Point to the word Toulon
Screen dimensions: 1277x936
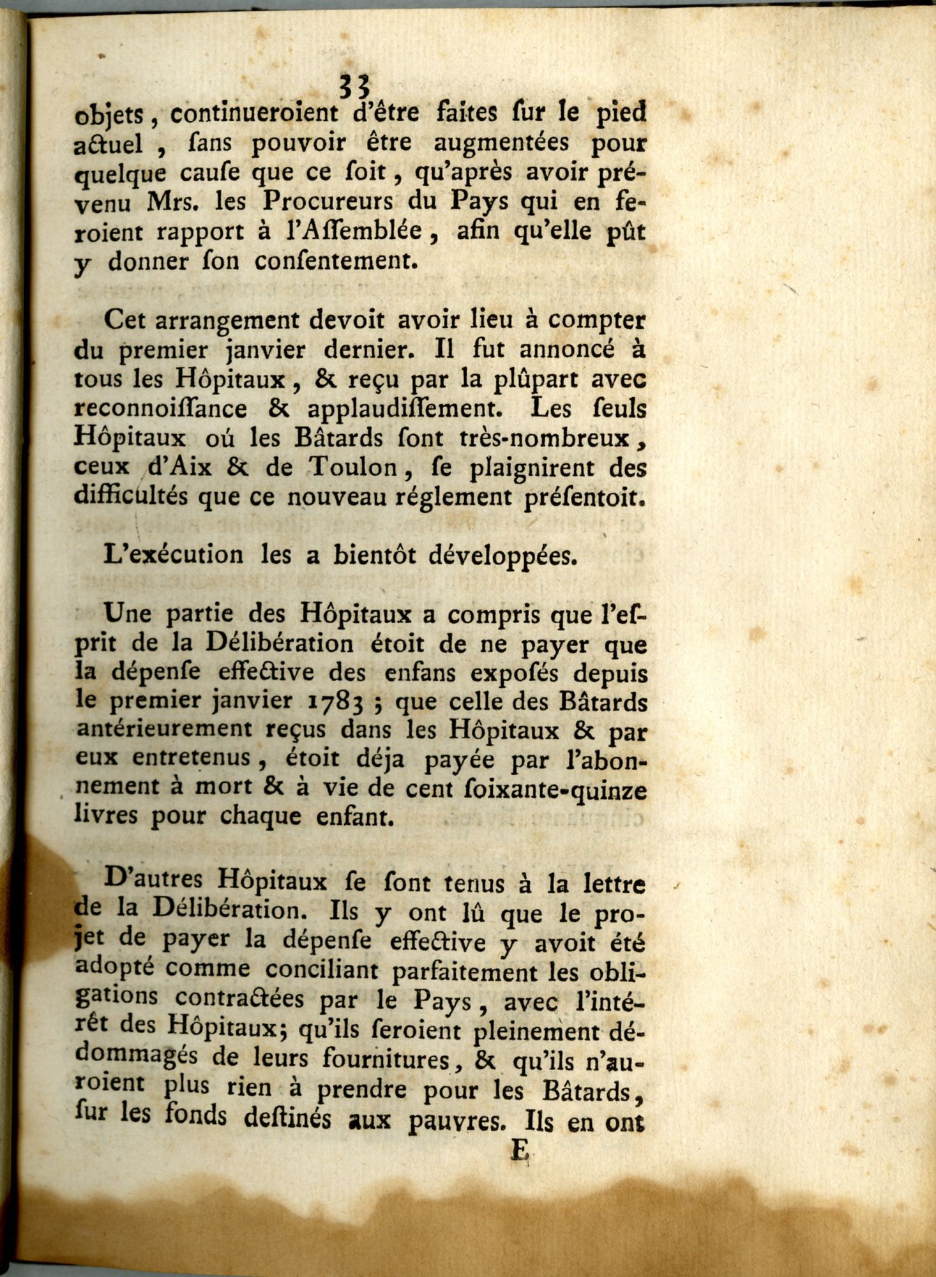(352, 468)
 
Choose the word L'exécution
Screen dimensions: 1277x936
(174, 554)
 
